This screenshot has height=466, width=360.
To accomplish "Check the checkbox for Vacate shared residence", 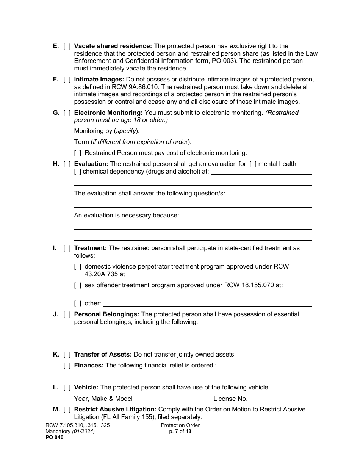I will (x=67, y=46).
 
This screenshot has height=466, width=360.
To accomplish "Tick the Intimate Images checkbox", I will (x=67, y=80).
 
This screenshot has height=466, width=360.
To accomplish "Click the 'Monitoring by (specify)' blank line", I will (x=226, y=131).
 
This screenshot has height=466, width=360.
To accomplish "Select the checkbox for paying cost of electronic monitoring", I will (x=78, y=153).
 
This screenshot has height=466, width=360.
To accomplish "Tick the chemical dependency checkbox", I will (x=78, y=172).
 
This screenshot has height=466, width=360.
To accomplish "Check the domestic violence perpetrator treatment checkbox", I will (x=78, y=267).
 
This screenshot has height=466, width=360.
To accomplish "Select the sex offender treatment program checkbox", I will (x=78, y=285).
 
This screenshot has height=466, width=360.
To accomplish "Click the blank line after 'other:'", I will (x=207, y=303).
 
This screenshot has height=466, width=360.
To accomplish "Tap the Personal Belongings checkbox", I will (x=67, y=314).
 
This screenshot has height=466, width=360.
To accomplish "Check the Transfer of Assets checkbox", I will (x=67, y=355).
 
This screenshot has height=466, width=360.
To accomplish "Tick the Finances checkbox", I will (x=67, y=366).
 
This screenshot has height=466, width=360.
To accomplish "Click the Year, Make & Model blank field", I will (x=173, y=399).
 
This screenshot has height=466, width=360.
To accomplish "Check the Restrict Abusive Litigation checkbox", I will (x=67, y=410).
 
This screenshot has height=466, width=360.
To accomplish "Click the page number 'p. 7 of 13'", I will (x=180, y=431).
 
